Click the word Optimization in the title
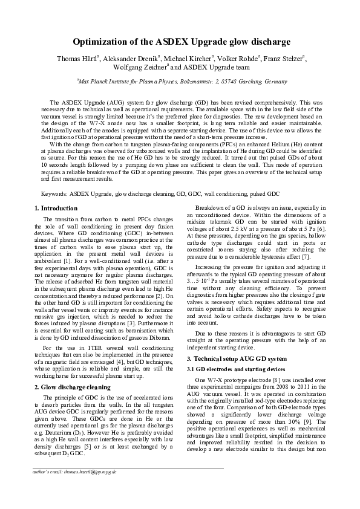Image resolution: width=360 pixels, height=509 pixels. pyautogui.click(x=103, y=42)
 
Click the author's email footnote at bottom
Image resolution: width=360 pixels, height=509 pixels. pyautogui.click(x=74, y=471)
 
